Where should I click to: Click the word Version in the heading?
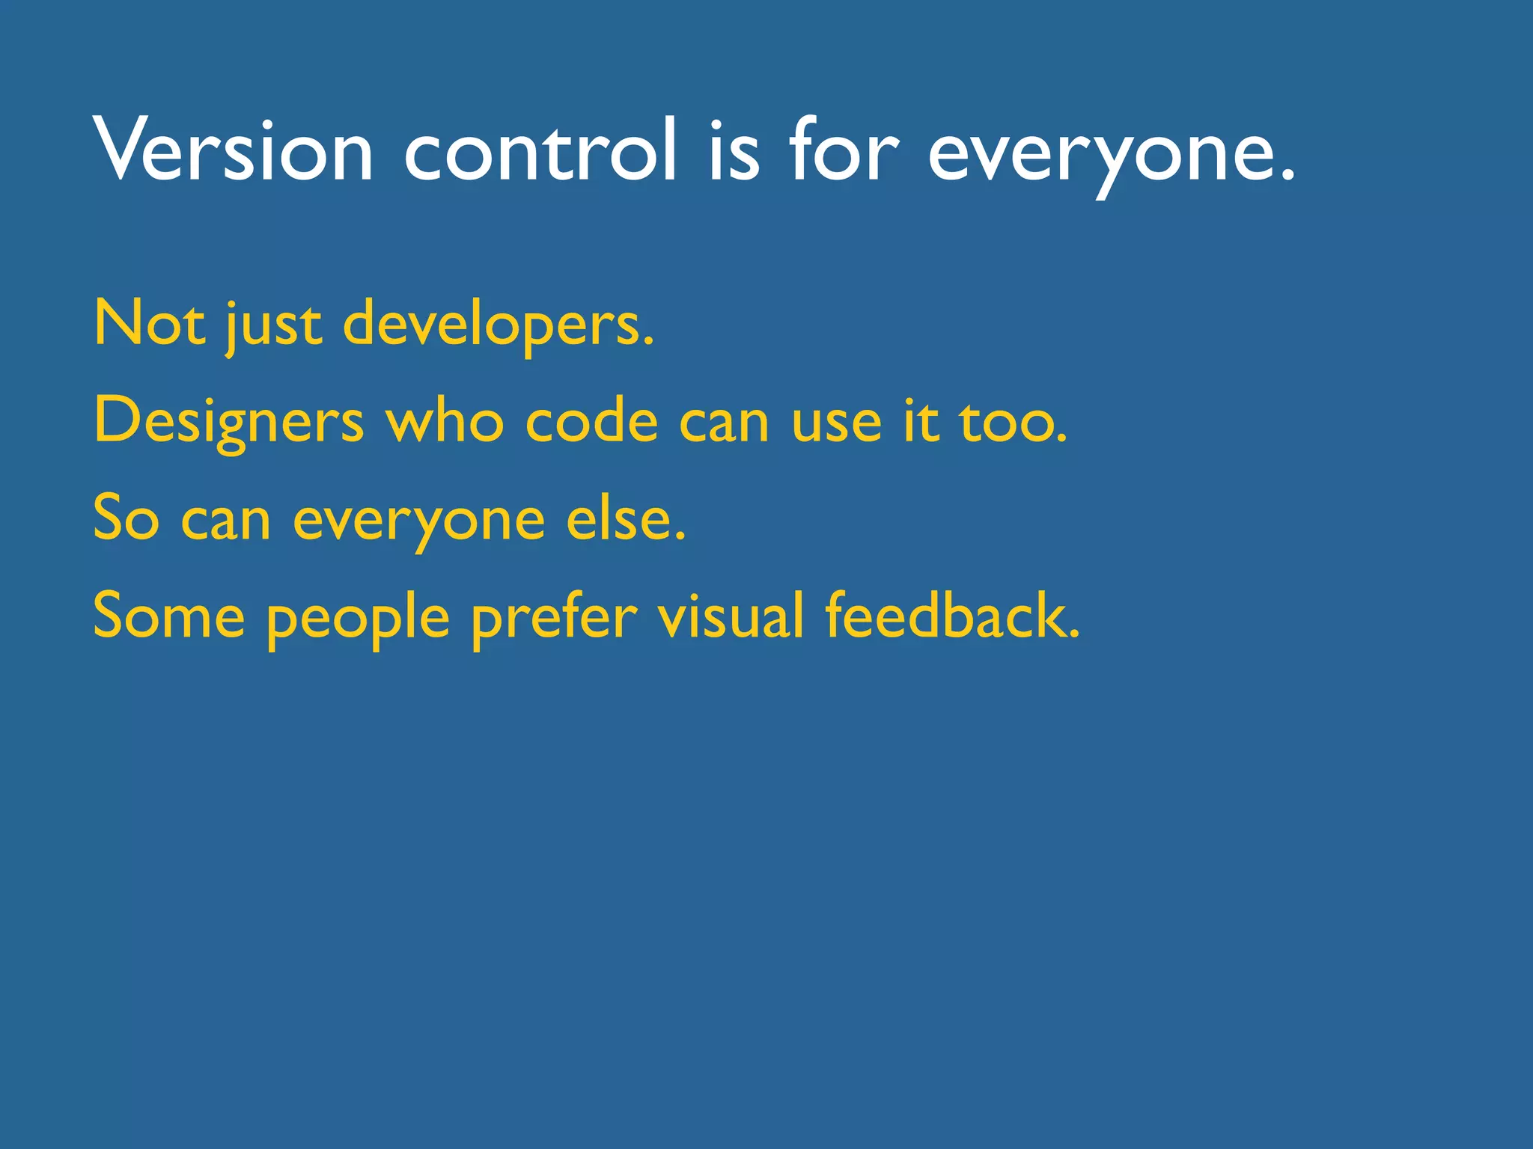coord(233,150)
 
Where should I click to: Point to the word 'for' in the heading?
coord(843,150)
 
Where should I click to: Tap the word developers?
coord(498,326)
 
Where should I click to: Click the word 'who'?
coord(445,421)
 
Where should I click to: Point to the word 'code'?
coord(591,421)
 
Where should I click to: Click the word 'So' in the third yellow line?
coord(126,518)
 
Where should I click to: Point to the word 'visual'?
coord(731,616)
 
